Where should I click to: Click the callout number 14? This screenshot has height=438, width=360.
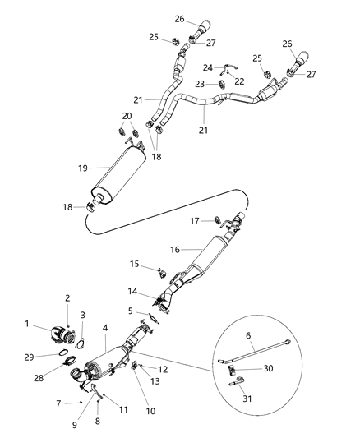(132, 291)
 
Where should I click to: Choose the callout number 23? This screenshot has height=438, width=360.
(201, 85)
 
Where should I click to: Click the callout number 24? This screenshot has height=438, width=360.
(207, 68)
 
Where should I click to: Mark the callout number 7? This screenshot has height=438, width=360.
(58, 403)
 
